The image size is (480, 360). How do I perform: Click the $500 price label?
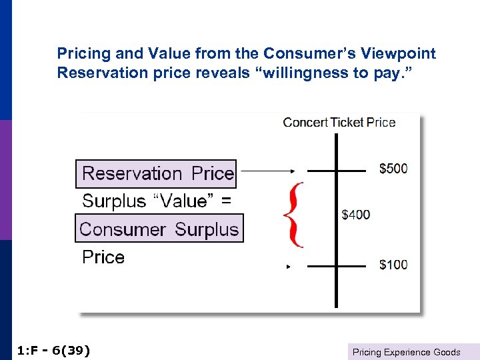393,169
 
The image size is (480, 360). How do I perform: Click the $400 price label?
356,215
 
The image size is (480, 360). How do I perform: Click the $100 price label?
393,265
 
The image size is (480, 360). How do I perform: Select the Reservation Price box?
157,174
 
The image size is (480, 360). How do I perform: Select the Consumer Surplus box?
159,229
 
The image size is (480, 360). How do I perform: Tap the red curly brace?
293,215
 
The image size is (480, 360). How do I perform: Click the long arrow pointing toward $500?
267,171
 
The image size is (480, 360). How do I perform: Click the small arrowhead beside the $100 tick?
289,267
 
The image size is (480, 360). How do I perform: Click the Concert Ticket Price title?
339,122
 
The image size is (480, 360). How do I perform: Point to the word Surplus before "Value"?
113,201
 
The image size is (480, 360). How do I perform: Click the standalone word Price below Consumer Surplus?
103,257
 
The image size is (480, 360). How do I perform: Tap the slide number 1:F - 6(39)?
52,351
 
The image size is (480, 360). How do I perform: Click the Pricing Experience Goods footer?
406,352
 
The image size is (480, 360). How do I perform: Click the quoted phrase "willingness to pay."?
347,72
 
